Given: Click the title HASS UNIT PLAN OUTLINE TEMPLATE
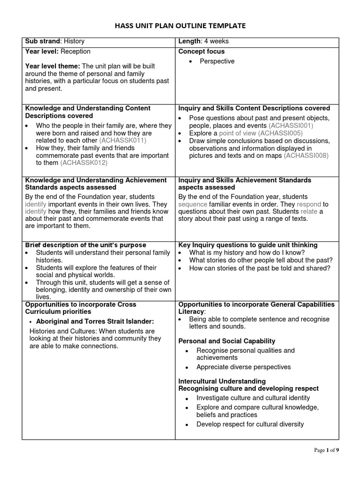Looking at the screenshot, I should point(180,25).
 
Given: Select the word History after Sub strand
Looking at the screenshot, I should point(74,41).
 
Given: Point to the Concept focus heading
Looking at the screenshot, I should point(202,51).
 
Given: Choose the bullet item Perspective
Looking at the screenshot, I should point(217,62).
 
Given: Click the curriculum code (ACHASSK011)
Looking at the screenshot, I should point(123,140).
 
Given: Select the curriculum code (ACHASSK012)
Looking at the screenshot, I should point(84,163).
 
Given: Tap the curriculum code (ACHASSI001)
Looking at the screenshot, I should point(291,125).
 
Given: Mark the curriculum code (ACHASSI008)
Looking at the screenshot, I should point(306,155).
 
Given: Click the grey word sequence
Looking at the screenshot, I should point(193,204).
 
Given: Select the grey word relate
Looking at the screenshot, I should point(309,211).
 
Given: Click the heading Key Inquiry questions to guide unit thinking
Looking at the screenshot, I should point(248,245).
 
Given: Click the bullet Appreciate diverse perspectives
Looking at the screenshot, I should point(243,367).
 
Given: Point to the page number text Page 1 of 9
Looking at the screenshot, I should point(326,450).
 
